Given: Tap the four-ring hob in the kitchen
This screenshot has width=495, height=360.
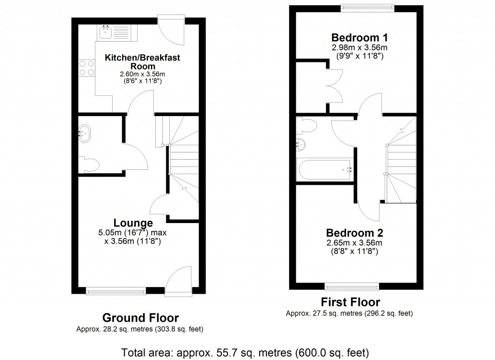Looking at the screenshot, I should pyautogui.click(x=86, y=67).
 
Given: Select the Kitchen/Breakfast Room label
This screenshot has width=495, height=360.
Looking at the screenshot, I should pyautogui.click(x=143, y=62).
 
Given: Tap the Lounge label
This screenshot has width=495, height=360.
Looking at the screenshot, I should pyautogui.click(x=133, y=223).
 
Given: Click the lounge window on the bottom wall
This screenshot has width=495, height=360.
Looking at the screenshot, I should pyautogui.click(x=116, y=291).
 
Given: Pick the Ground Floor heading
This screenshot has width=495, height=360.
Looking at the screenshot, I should pyautogui.click(x=140, y=318).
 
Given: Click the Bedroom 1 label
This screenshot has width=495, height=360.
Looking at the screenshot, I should pyautogui.click(x=359, y=38).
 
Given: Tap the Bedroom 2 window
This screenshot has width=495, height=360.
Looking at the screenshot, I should pyautogui.click(x=352, y=285).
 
